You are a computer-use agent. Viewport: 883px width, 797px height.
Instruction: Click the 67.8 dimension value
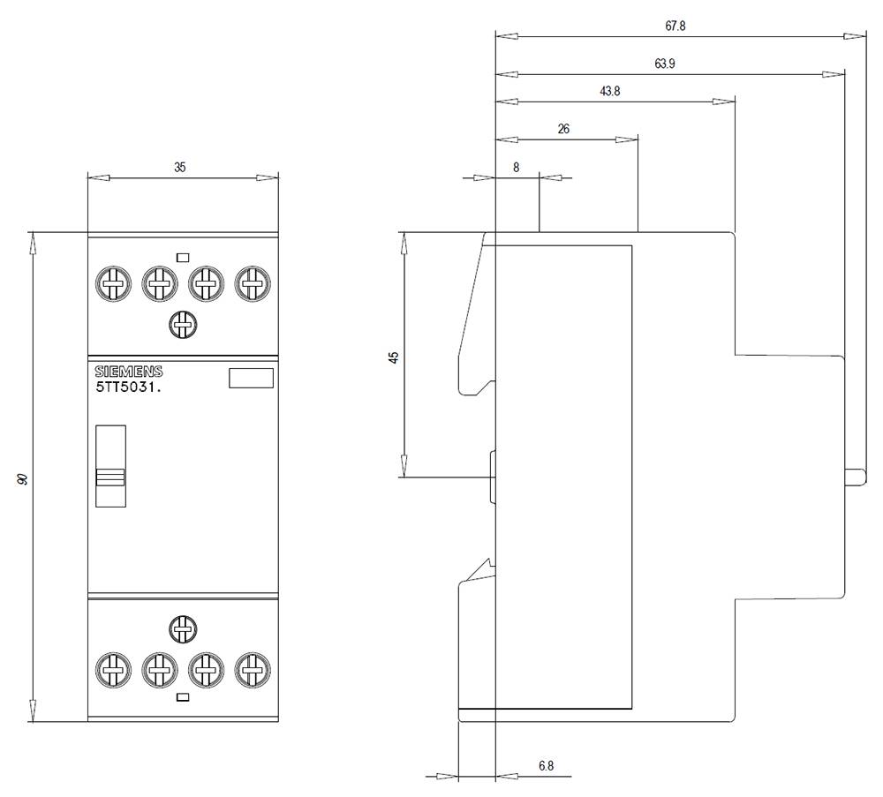pos(675,26)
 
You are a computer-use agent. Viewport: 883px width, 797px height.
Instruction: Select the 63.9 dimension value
pos(666,64)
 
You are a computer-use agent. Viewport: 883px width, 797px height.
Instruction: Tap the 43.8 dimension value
pos(609,91)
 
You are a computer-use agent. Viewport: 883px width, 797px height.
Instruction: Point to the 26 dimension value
pos(563,129)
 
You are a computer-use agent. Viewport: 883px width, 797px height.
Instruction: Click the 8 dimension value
pos(516,166)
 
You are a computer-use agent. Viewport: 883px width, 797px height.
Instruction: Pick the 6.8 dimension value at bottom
pos(546,766)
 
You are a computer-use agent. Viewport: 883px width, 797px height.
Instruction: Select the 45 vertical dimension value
pos(395,357)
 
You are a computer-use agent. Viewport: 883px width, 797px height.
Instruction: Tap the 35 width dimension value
pos(180,166)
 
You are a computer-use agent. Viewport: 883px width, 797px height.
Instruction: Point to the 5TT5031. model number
pos(128,387)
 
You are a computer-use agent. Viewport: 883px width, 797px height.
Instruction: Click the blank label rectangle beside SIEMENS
pos(251,379)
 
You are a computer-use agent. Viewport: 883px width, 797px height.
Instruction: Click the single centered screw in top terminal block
pos(182,325)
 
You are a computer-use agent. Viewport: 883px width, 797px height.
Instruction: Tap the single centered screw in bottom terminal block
pos(182,629)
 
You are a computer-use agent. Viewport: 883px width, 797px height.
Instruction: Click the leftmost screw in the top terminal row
pos(110,284)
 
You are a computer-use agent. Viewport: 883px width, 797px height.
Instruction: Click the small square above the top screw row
pos(183,258)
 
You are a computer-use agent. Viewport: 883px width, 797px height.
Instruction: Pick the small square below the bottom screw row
pos(183,697)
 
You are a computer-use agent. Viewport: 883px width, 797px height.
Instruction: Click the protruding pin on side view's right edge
pos(855,477)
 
